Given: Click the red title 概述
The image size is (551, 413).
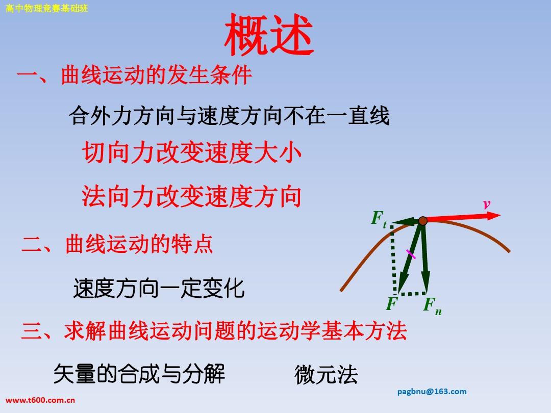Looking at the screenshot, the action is [269, 35].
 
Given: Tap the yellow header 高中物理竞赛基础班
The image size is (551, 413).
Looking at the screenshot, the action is [46, 8].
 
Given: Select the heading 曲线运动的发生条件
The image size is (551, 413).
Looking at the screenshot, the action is [157, 75].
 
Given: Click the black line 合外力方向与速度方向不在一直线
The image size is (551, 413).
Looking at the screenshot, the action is [229, 116].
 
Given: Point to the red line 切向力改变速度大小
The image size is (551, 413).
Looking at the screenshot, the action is [192, 153].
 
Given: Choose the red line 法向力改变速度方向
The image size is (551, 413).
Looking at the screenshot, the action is [192, 196].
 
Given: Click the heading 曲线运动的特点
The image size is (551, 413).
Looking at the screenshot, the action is [139, 244].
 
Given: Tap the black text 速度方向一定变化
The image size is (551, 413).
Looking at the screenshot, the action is [159, 288].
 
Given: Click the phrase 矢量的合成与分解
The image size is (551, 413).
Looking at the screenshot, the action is [139, 374].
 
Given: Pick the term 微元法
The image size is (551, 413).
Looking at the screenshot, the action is [326, 375].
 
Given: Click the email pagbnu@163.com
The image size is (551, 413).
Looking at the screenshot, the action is [432, 392].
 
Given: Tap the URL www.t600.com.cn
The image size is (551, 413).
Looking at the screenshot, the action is [40, 400].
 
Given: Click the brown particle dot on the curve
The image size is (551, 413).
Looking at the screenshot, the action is [423, 221].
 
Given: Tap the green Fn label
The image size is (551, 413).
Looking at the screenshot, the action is [433, 305].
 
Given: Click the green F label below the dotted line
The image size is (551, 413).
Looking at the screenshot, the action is [391, 303].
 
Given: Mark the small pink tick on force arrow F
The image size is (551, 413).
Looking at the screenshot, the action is [411, 254].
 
